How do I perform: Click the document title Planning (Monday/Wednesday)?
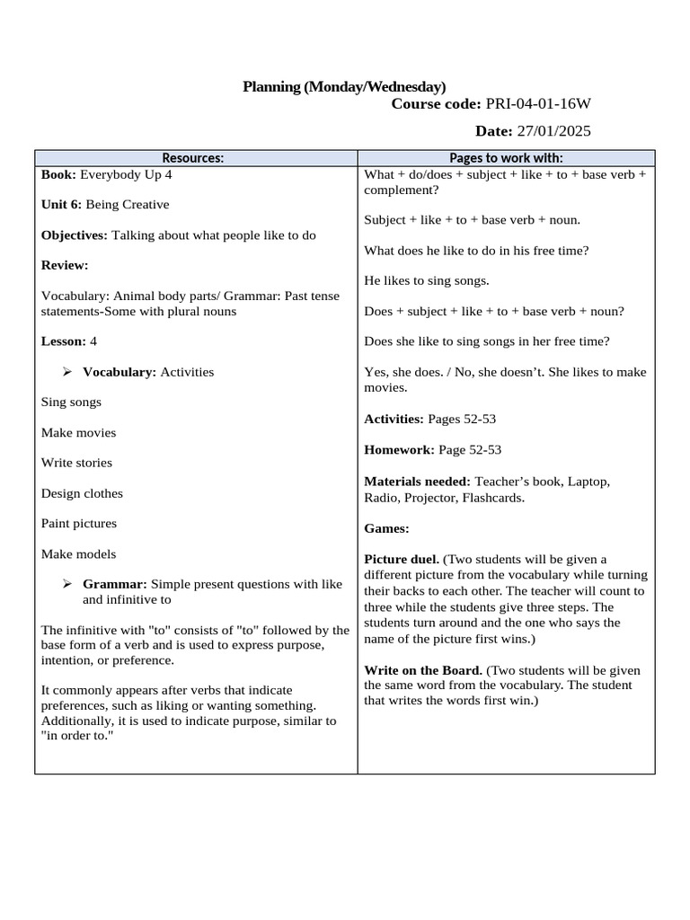coord(344,86)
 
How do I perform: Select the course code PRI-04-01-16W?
coord(538,105)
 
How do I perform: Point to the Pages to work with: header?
coord(506,158)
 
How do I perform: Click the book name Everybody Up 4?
coord(126,175)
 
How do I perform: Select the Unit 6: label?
coord(61,205)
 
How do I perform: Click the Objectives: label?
coord(75,235)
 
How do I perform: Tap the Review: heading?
coord(65,266)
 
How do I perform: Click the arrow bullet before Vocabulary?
coord(67,372)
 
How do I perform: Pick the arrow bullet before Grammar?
coord(67,584)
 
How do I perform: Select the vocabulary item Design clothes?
coord(82,493)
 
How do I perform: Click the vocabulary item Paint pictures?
coord(79,524)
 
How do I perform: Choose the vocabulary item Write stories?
coord(76,463)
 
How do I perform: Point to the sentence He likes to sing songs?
coord(427,281)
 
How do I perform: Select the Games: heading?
coord(386,529)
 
